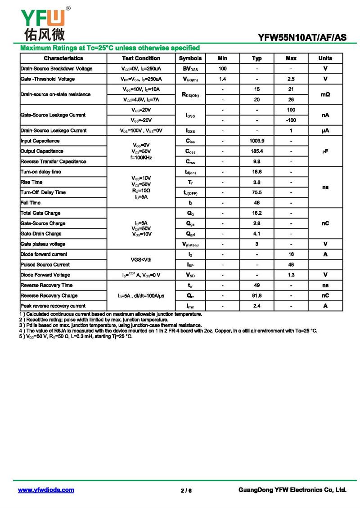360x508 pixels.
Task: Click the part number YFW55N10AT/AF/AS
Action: pos(302,38)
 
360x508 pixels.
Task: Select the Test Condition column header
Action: pos(141,58)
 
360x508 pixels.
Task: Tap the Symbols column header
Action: pos(190,58)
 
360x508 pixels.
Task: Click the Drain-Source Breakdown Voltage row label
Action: pos(56,69)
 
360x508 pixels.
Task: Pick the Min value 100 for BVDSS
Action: pos(222,69)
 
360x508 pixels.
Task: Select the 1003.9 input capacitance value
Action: pos(257,141)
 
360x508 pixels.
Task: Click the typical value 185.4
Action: pos(257,152)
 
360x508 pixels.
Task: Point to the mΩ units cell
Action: pos(325,94)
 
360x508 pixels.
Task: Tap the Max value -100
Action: pos(291,120)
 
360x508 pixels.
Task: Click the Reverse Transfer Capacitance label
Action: pos(53,162)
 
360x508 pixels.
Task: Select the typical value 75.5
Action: pos(257,192)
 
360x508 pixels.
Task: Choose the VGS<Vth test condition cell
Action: pos(141,259)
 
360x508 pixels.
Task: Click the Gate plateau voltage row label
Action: pos(43,244)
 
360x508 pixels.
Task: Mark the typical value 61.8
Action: pos(257,296)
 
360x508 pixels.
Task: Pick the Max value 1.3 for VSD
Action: pos(291,275)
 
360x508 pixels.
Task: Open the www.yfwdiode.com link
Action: pos(46,490)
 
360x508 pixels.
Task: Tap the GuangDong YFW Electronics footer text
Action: pos(292,490)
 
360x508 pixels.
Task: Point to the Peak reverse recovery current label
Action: pos(53,306)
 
